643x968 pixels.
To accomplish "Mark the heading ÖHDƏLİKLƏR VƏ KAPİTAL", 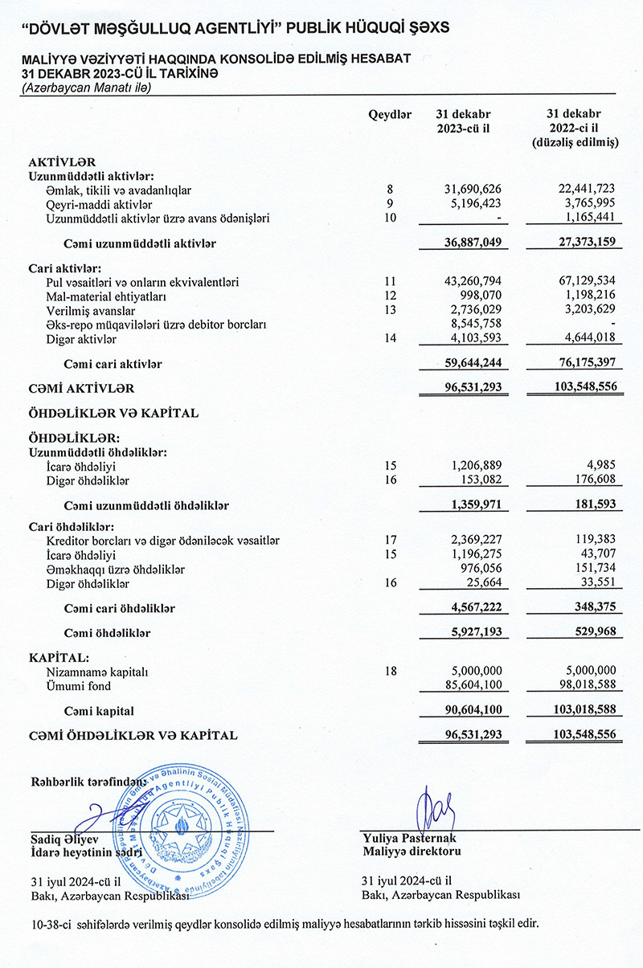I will click(113, 413).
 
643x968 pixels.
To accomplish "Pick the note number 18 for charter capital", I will click(390, 672).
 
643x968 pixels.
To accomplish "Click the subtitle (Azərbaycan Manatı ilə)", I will click(85, 88).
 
